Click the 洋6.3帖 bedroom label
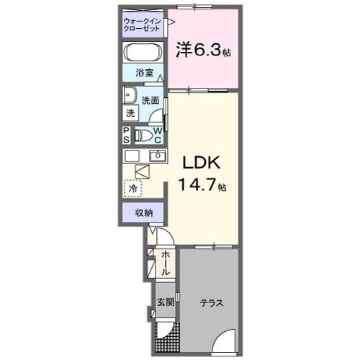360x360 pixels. tap(203, 50)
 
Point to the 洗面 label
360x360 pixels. tap(150, 100)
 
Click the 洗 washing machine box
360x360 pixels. tap(130, 113)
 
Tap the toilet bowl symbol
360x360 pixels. tap(143, 135)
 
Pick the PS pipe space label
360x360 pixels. tap(126, 135)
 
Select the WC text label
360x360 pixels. tap(158, 135)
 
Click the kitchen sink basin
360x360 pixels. tap(158, 156)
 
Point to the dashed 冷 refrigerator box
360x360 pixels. tap(133, 187)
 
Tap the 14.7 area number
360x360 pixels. tap(194, 186)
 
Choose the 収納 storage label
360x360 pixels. tap(143, 212)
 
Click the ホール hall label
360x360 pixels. tap(165, 264)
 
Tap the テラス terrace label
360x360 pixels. tap(211, 302)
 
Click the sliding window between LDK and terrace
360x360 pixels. tap(214, 246)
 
